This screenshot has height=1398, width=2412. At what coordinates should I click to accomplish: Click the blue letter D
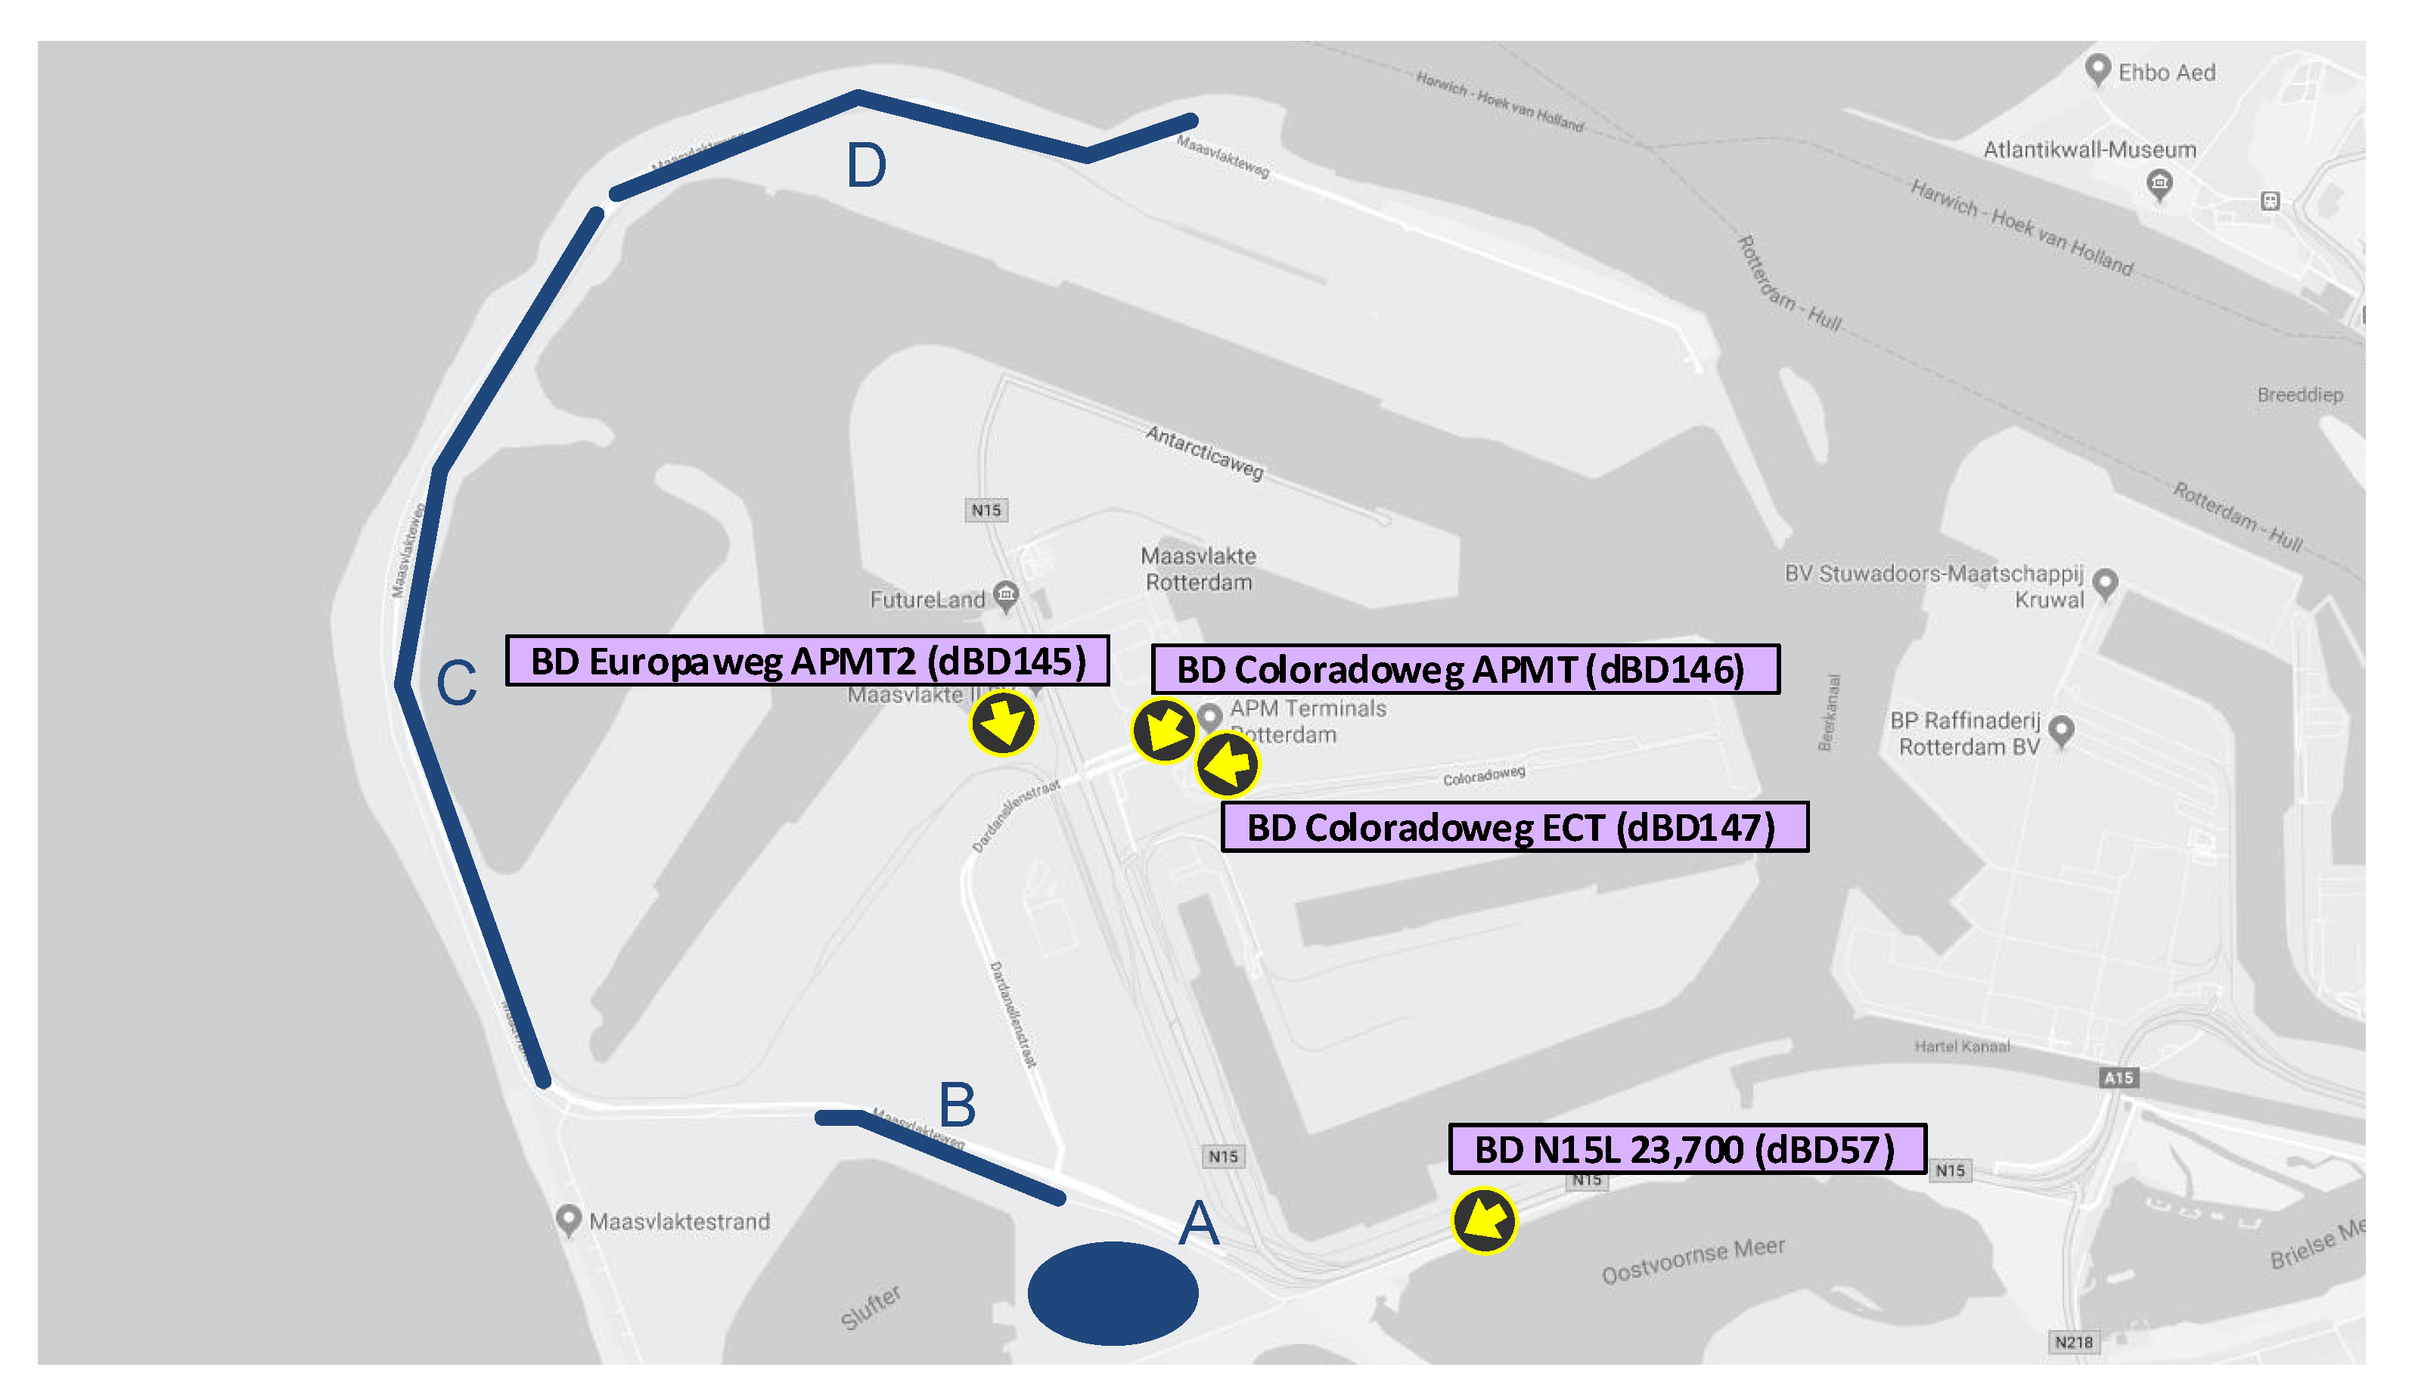[x=866, y=166]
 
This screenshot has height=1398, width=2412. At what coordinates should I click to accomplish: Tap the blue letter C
[x=457, y=684]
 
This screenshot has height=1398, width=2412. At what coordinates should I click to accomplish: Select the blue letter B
[x=957, y=1105]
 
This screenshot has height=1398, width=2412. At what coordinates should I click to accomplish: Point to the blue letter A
[x=1198, y=1224]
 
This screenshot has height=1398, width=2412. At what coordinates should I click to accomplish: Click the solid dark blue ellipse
[x=1112, y=1293]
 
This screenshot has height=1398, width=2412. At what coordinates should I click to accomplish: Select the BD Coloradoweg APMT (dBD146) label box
[x=1464, y=669]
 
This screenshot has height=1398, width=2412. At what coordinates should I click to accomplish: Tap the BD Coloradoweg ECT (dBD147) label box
[x=1514, y=826]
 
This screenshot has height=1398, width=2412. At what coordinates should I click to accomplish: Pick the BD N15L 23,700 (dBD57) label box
[x=1687, y=1149]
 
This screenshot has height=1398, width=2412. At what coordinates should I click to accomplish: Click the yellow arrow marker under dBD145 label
[x=1002, y=724]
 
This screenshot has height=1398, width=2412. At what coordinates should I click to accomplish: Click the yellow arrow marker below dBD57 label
[x=1483, y=1220]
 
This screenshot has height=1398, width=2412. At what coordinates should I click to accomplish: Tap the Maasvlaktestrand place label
[x=678, y=1222]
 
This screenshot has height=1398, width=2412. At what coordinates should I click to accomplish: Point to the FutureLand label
[x=927, y=600]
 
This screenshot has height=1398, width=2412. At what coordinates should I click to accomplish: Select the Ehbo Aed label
[x=2166, y=73]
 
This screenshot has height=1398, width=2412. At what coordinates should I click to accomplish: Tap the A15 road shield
[x=2118, y=1077]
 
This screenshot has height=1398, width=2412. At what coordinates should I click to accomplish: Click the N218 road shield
[x=2073, y=1341]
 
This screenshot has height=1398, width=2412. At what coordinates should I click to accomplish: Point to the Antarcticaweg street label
[x=1204, y=451]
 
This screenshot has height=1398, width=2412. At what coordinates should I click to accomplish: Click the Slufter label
[x=870, y=1307]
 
